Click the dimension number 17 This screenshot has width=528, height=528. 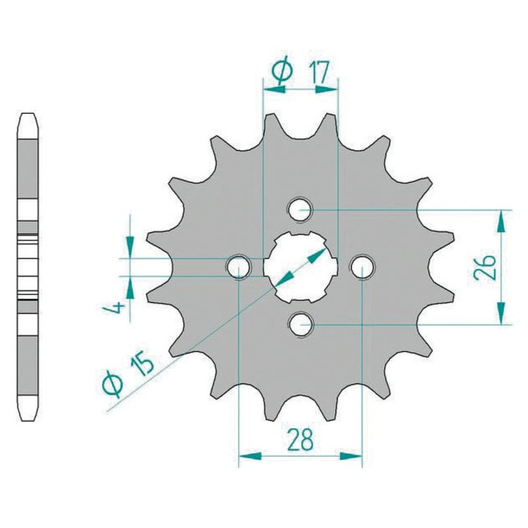point(318,72)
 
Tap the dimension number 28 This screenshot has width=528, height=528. point(301,439)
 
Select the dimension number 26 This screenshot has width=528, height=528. point(485,268)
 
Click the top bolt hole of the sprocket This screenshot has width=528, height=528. point(301,210)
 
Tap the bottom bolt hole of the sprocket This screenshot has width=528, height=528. point(301,325)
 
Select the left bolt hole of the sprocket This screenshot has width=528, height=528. point(239,268)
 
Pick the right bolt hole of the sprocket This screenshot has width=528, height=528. point(362,268)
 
